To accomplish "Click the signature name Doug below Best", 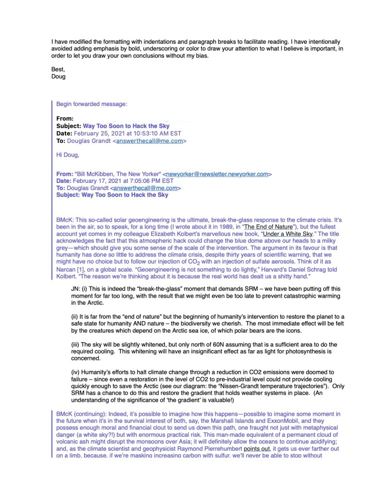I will point(58,76).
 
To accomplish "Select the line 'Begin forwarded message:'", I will point(92,103).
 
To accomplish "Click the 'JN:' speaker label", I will point(76,289).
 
